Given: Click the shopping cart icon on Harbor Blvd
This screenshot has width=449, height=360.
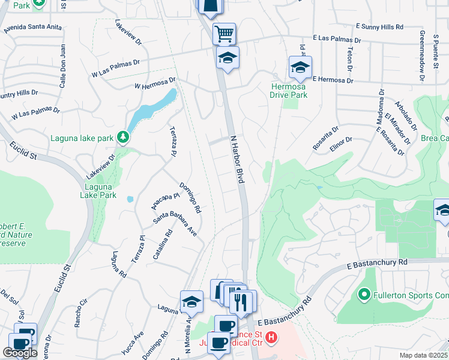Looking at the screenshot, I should (x=224, y=34).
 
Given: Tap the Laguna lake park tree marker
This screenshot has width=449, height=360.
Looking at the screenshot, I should (x=122, y=137).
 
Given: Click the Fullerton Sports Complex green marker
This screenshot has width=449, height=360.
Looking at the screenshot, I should (x=364, y=295).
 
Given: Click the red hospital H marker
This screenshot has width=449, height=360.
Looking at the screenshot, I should (x=271, y=338).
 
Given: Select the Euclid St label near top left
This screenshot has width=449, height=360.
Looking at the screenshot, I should (x=22, y=150).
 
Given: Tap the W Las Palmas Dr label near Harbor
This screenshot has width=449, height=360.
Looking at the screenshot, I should (x=115, y=68).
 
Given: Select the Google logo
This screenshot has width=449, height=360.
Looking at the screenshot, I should (x=20, y=352).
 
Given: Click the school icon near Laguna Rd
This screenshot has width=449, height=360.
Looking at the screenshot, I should (x=191, y=302).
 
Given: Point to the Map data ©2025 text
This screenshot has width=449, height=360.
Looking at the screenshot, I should (x=424, y=355).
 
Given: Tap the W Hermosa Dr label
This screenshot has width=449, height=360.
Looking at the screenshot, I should (x=155, y=83).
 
